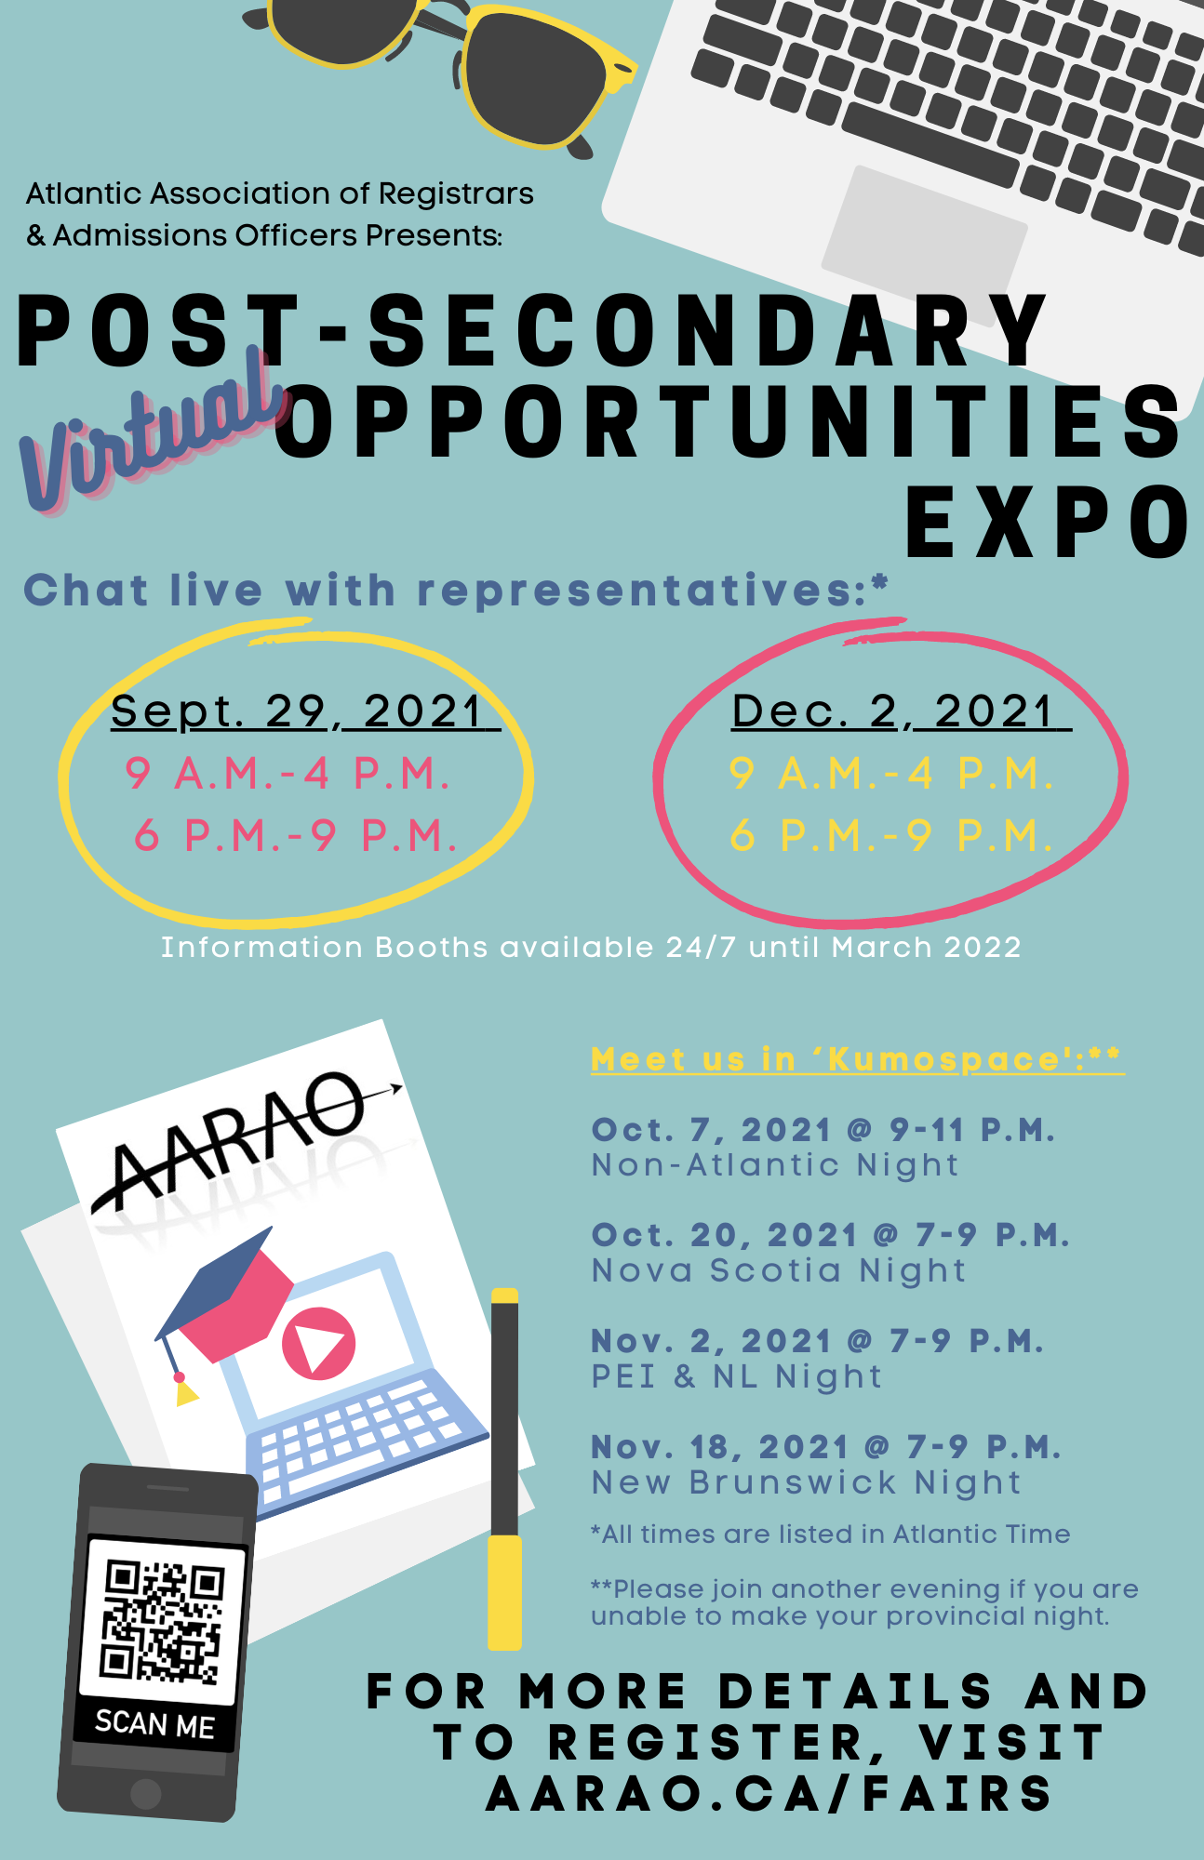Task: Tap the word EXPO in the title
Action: [1049, 523]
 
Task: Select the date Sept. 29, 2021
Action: [305, 712]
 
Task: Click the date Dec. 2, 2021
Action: [902, 712]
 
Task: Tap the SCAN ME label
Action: [155, 1725]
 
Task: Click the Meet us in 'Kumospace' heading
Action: [857, 1059]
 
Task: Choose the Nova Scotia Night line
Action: [779, 1271]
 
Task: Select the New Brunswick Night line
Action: [807, 1483]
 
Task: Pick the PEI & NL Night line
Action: [737, 1376]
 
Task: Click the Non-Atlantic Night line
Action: [775, 1165]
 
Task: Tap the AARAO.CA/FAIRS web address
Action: [769, 1794]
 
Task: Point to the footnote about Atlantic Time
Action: [831, 1534]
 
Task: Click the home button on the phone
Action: [145, 1794]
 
